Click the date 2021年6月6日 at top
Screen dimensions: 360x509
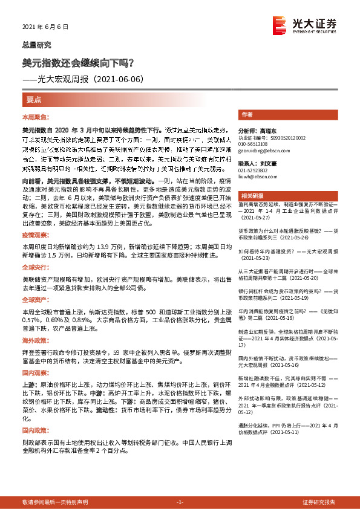[x=45, y=27]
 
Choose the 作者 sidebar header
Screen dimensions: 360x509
[x=247, y=114]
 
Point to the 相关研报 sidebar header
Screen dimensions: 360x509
[x=251, y=196]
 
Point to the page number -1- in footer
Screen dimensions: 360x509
[x=180, y=502]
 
